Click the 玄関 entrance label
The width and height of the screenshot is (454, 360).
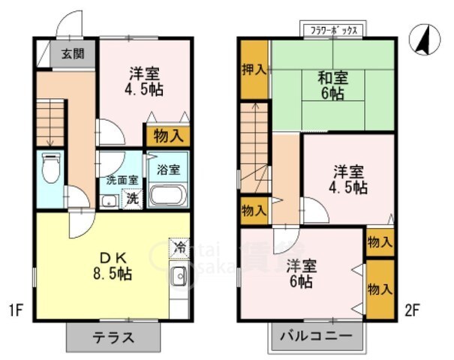(73, 54)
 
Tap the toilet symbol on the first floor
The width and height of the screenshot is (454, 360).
(50, 169)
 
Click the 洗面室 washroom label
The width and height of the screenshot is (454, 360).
(121, 180)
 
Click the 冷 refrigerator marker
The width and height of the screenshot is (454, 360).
(179, 247)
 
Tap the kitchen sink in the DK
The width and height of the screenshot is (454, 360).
(179, 277)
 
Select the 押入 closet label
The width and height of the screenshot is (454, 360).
(254, 70)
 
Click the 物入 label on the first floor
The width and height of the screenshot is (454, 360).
(167, 136)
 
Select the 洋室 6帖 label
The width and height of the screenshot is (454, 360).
(301, 274)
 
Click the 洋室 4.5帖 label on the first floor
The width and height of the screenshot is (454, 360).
(145, 81)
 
